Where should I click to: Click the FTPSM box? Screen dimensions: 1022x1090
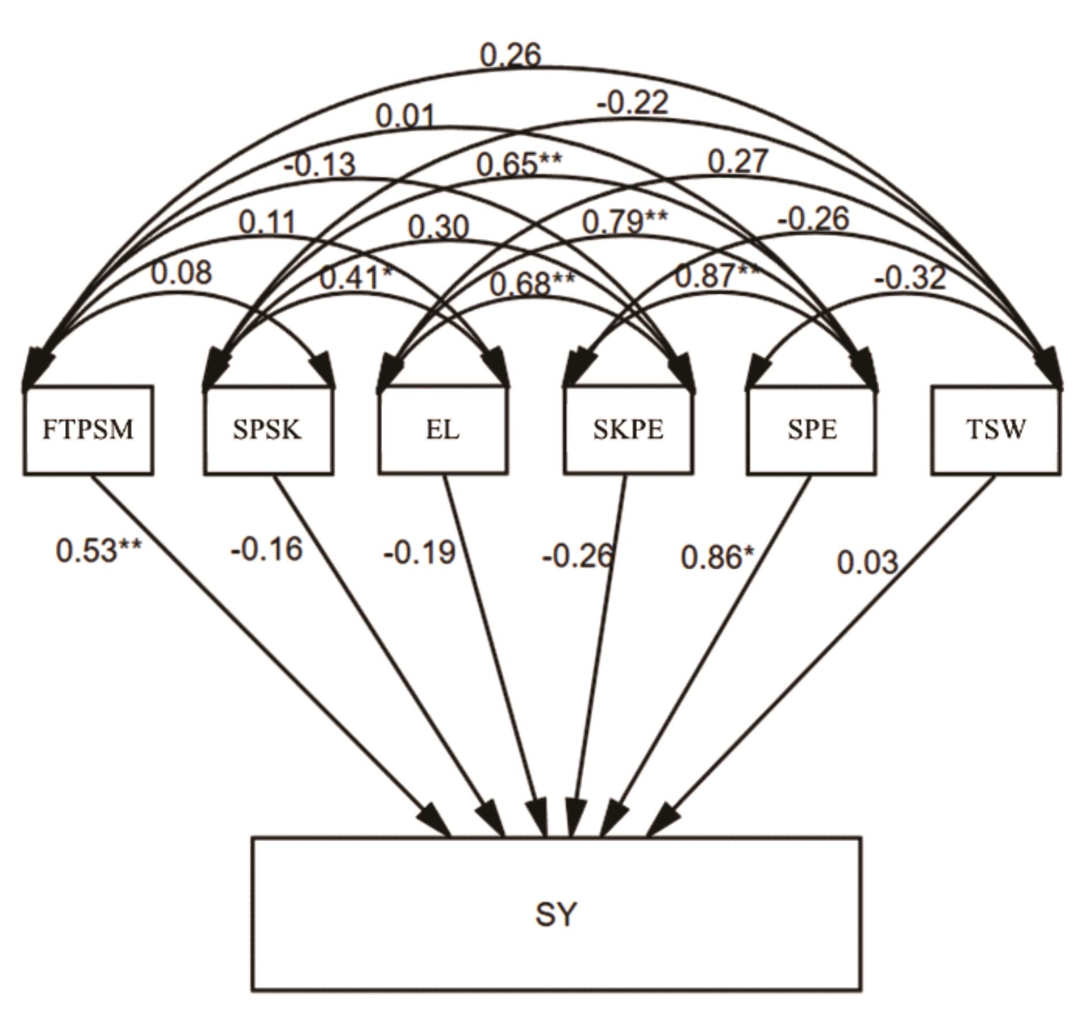88,430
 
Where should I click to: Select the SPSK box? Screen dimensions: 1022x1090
268,430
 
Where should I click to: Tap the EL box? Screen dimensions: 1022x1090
443,430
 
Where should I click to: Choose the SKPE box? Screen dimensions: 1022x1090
628,430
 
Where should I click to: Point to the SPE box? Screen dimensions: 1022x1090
812,430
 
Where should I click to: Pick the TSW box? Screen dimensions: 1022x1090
995,430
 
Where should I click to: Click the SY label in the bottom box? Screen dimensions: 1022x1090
556,914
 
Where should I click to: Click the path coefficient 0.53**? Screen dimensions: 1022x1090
99,550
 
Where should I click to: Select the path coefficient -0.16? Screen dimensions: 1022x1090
266,549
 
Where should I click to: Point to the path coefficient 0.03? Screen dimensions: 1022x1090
868,562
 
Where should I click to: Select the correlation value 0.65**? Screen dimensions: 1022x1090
518,165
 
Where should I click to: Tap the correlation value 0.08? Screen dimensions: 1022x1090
181,272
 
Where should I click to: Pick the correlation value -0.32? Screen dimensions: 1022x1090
910,278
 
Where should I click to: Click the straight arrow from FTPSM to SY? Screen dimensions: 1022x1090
265,651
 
